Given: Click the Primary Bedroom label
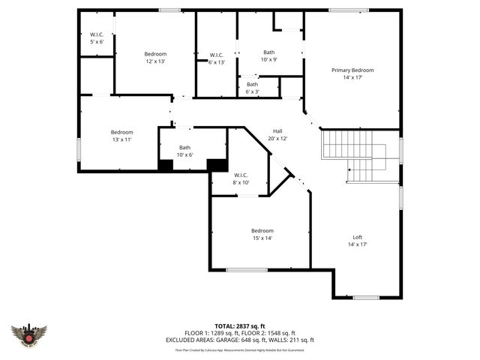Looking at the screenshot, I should click(x=352, y=73).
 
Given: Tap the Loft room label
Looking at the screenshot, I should click(x=358, y=241).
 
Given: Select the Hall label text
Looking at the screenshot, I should click(x=277, y=134).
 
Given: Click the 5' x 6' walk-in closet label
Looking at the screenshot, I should click(x=97, y=37).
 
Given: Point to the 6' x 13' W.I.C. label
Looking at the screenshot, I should click(x=217, y=58).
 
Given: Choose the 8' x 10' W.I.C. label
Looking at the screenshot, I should click(x=240, y=178).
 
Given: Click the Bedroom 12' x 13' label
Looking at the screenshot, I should click(x=155, y=58).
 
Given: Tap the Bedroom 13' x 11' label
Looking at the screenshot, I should click(x=121, y=136).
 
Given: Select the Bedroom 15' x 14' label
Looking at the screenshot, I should click(x=262, y=234).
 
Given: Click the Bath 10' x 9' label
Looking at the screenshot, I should click(x=268, y=55).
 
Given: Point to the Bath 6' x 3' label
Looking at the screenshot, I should click(x=252, y=88).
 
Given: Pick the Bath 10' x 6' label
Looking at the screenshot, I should click(x=184, y=151).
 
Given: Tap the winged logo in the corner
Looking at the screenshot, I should click(x=29, y=335).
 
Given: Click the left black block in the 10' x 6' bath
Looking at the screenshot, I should click(x=165, y=165).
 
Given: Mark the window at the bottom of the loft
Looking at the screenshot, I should click(x=366, y=298).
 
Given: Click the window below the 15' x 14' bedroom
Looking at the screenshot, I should click(x=247, y=270).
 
